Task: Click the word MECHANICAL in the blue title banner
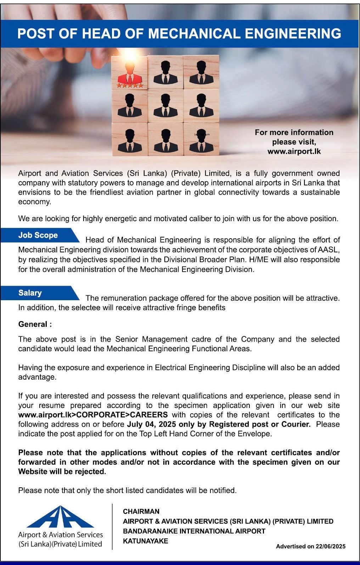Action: click(x=194, y=34)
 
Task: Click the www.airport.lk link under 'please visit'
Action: click(x=294, y=151)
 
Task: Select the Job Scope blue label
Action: click(x=38, y=235)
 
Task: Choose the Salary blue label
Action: click(x=30, y=293)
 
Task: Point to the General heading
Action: click(x=35, y=324)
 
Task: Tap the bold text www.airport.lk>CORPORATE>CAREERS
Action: click(x=93, y=415)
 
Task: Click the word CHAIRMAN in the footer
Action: click(x=141, y=511)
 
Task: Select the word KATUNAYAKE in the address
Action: click(x=145, y=541)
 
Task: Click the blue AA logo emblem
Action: click(x=60, y=518)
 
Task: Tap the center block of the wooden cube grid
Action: click(x=165, y=106)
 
